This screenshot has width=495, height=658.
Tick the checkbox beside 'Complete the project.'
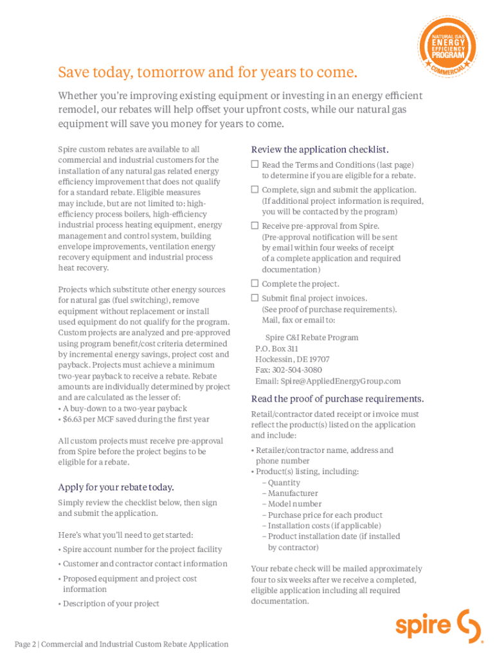point(255,283)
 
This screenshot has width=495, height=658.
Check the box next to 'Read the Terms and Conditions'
point(255,164)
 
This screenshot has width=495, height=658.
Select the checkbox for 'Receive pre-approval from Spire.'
point(255,226)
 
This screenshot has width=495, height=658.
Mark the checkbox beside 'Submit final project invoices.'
point(255,298)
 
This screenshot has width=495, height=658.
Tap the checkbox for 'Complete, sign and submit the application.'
point(255,190)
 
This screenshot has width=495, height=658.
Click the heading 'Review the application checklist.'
point(319,149)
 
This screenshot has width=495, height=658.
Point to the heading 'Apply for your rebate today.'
point(116,487)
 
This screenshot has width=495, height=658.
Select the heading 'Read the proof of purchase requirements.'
point(337,398)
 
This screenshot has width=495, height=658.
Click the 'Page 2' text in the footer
point(26,644)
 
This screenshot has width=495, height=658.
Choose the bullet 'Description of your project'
point(111,603)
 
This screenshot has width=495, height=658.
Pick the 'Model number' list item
point(294,504)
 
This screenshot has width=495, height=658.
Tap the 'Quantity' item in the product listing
point(283,483)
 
